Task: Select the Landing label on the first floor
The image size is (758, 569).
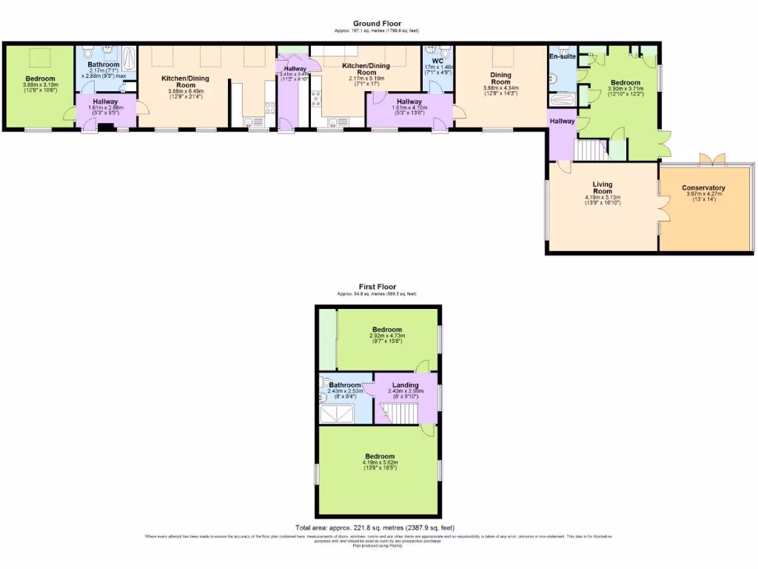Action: coord(405,385)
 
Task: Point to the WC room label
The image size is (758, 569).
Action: coord(437,61)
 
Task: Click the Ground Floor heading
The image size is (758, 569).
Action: coord(377,24)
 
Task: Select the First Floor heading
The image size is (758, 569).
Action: coord(377,287)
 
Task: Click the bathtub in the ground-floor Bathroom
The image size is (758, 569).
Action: coord(130,59)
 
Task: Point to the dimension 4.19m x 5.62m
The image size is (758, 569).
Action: coord(379,463)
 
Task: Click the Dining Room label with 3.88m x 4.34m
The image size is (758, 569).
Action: coord(501,79)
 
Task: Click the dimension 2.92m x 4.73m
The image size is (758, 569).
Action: coord(386,336)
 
